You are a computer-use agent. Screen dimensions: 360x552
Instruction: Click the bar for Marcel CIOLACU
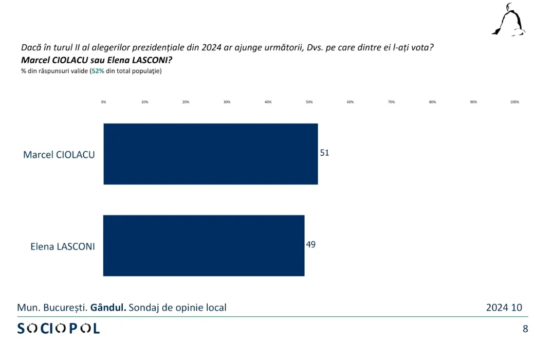point(211,154)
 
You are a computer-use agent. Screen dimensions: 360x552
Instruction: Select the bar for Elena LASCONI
point(204,245)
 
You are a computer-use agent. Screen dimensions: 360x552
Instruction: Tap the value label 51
point(324,153)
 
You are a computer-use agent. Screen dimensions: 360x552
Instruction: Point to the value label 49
point(311,244)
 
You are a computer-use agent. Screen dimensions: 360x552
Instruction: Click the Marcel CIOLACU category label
point(59,154)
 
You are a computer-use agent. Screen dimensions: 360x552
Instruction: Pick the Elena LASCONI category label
point(63,246)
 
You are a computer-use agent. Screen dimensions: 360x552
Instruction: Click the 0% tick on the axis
point(104,102)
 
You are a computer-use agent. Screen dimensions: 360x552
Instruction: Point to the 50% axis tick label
point(309,102)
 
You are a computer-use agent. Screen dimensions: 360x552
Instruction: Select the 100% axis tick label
point(514,102)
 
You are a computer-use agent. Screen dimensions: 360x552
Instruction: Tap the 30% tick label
point(227,102)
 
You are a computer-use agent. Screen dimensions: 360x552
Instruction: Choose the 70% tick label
point(392,102)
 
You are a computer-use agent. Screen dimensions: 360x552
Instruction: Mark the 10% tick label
point(145,102)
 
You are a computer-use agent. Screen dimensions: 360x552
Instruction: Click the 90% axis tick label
point(473,102)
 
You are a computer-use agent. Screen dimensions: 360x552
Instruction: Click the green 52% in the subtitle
point(98,71)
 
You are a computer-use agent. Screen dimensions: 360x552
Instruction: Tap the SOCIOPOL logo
point(59,328)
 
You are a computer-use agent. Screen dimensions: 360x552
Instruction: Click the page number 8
point(525,329)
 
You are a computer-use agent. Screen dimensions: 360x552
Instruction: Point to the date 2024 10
point(504,308)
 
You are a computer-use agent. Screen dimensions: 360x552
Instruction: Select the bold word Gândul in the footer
point(108,308)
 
